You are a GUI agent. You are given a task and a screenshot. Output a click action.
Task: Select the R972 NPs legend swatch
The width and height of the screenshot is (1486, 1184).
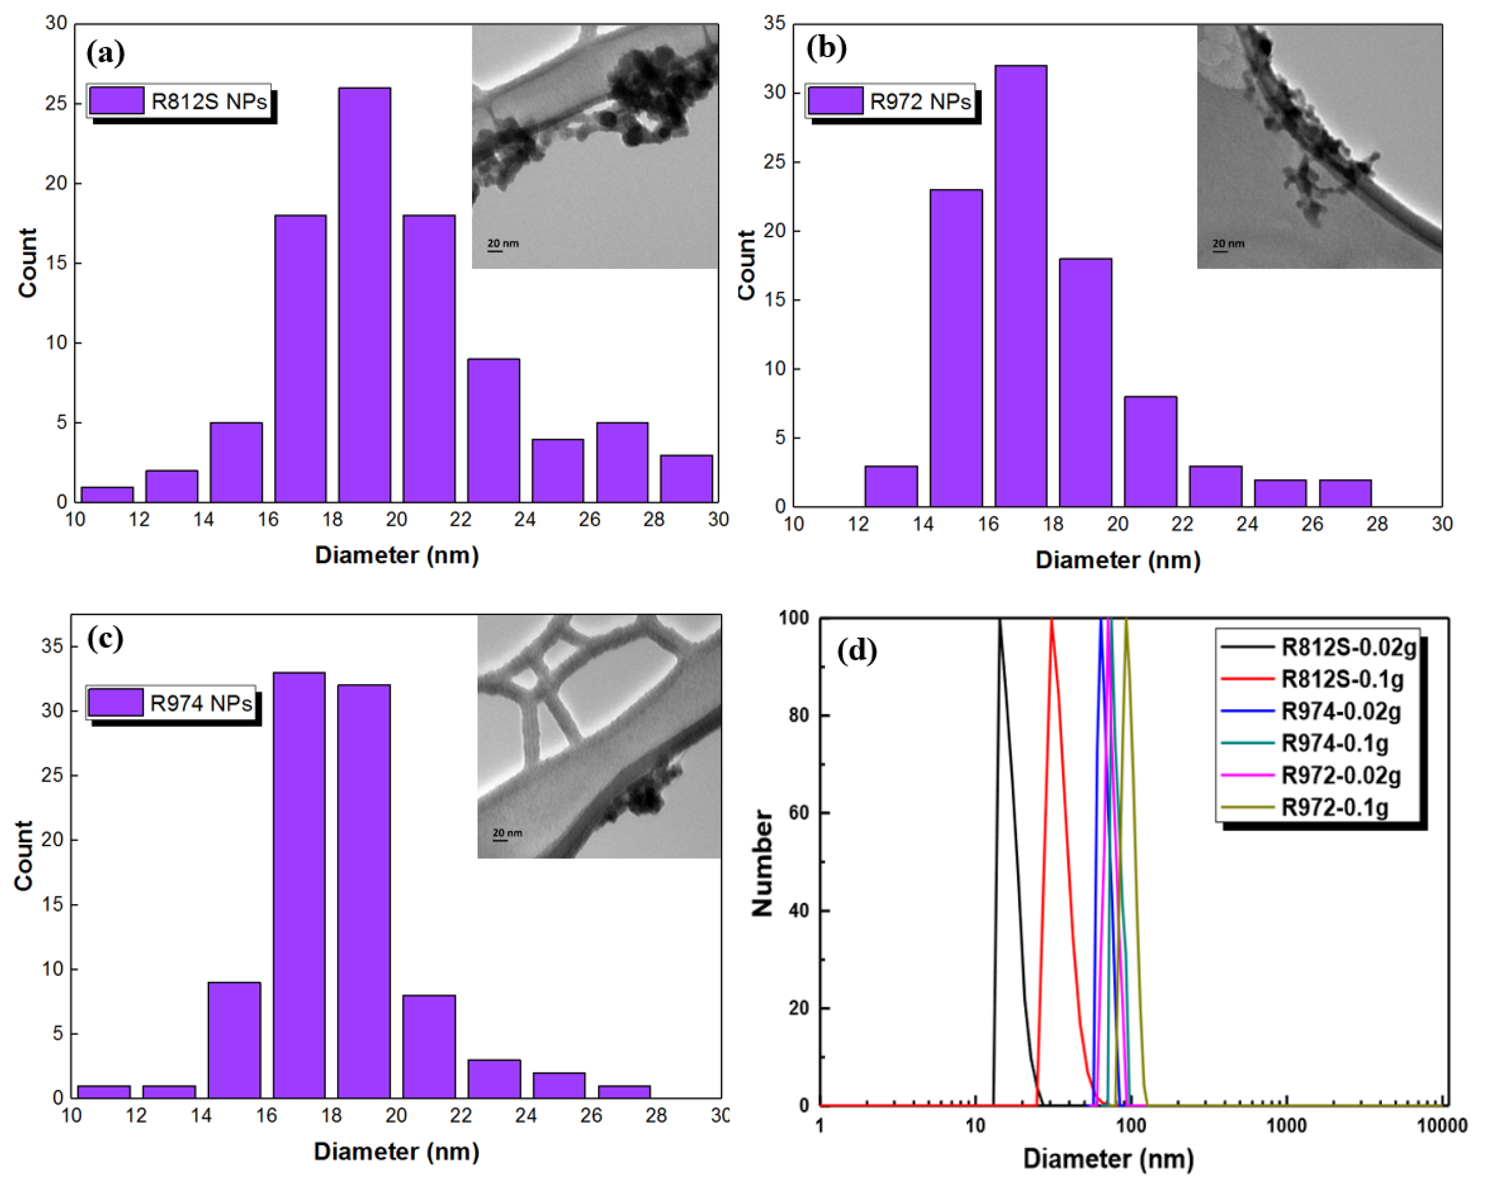point(835,101)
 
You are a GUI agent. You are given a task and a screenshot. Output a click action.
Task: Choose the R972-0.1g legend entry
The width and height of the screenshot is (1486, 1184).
point(1334,808)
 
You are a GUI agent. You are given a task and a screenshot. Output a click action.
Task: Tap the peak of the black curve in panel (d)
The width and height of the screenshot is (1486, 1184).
point(999,621)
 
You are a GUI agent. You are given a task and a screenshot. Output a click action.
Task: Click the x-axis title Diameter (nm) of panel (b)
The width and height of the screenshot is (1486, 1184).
point(1117,560)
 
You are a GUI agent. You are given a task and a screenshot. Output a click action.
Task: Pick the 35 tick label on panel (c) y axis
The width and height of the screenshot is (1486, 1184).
point(52,646)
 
